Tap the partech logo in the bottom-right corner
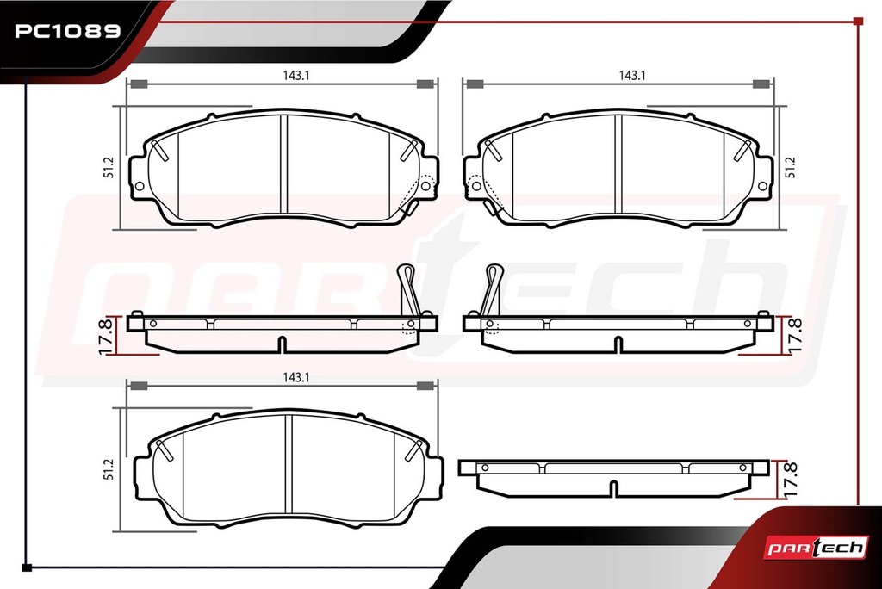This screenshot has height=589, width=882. point(815,548)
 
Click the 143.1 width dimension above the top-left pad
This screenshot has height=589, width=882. point(296,76)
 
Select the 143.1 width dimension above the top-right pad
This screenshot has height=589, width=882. point(631,76)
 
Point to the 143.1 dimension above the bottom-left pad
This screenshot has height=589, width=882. point(296,377)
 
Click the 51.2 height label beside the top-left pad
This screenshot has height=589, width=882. point(109,167)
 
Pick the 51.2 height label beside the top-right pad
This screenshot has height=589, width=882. point(791,167)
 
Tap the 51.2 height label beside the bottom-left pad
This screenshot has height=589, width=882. point(109,469)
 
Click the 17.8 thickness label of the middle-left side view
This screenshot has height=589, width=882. point(106,336)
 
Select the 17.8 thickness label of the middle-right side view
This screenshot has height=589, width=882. point(793,336)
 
